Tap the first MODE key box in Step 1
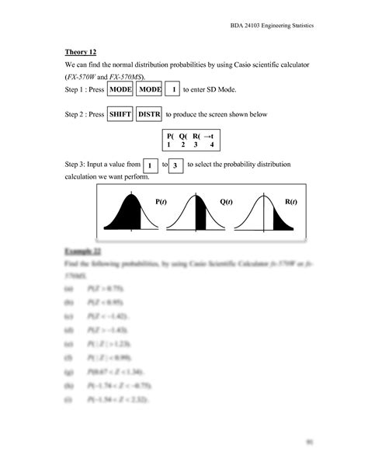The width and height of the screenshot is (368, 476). [x=120, y=91]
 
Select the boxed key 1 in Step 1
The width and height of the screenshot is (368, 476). [x=175, y=91]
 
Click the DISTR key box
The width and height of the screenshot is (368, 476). [x=148, y=115]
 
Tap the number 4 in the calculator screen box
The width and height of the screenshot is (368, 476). [x=210, y=145]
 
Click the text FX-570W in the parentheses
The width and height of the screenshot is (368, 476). [x=83, y=78]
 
